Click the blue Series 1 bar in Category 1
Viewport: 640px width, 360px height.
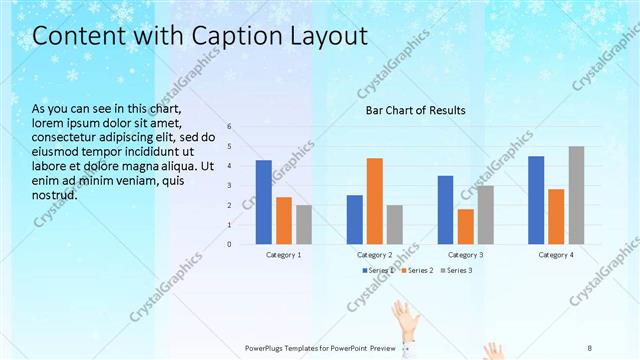[x=264, y=202]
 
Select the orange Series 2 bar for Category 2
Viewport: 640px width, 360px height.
[x=374, y=201]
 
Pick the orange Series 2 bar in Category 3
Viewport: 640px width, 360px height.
[x=465, y=226]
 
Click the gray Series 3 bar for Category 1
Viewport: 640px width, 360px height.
[x=304, y=224]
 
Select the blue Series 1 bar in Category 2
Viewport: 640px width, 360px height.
[x=354, y=219]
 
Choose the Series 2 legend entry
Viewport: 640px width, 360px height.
[x=417, y=270]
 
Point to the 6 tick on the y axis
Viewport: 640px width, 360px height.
[x=229, y=127]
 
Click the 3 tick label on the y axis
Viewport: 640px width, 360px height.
[x=229, y=185]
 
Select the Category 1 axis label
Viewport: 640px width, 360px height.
[x=284, y=255]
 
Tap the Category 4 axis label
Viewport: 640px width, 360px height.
[x=557, y=255]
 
